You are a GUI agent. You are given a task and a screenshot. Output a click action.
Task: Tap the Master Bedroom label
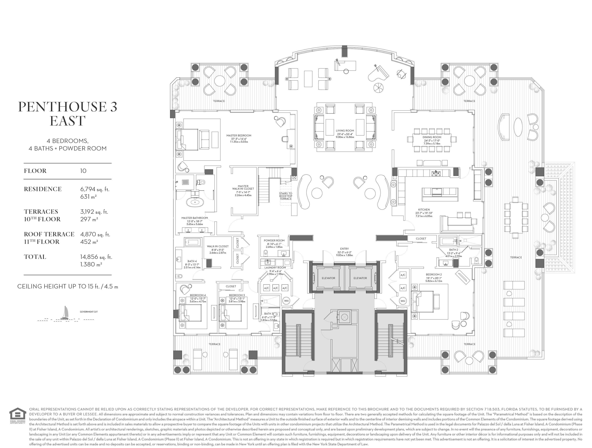click(239, 135)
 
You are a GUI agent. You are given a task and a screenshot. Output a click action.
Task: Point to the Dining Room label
click(432, 137)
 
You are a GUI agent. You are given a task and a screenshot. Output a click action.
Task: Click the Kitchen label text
click(424, 210)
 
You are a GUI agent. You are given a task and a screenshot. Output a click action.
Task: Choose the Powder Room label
click(274, 240)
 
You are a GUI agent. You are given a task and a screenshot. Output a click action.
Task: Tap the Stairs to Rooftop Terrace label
click(286, 196)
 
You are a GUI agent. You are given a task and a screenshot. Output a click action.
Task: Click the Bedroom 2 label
click(434, 274)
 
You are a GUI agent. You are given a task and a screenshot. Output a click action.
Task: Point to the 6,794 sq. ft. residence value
click(95, 189)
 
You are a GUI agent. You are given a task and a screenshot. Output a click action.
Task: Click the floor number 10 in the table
click(83, 171)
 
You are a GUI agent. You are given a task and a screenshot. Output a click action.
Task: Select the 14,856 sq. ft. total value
click(96, 257)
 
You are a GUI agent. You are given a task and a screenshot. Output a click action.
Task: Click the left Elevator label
click(328, 278)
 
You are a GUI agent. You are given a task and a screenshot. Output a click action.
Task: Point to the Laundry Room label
click(275, 268)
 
